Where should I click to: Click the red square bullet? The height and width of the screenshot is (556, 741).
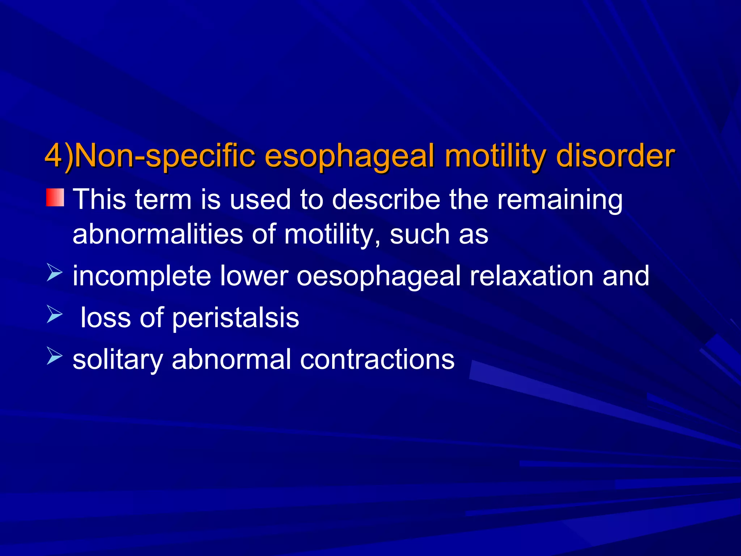point(55,198)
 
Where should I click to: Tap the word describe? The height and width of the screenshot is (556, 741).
point(386,199)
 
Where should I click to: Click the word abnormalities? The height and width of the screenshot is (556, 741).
point(158,234)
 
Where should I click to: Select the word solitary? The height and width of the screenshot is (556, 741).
point(118,360)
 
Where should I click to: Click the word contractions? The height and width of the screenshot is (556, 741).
point(377,360)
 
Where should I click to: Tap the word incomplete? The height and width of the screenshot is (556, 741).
point(141,276)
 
